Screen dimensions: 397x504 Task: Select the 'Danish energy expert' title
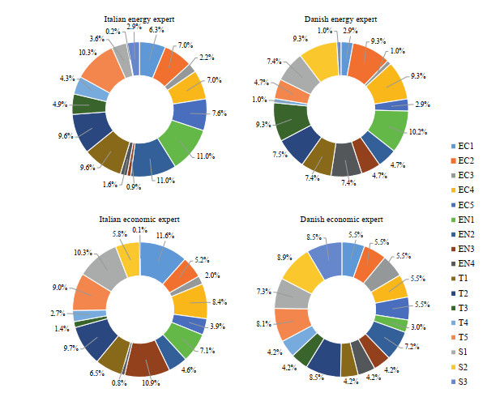tap(341, 17)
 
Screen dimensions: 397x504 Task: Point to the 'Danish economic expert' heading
tap(341, 218)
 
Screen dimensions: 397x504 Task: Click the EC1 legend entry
tap(463, 146)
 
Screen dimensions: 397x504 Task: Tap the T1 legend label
tap(462, 277)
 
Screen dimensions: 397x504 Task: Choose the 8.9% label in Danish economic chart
tap(284, 258)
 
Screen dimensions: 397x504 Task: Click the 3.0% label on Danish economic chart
tap(416, 327)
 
